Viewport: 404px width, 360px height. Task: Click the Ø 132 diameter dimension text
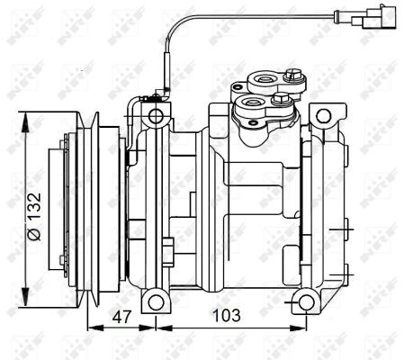[x=32, y=216]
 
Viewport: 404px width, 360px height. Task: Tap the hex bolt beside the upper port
[x=292, y=71]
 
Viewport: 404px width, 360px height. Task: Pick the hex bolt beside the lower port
[x=280, y=98]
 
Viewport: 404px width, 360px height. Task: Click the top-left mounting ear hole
[x=155, y=116]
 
